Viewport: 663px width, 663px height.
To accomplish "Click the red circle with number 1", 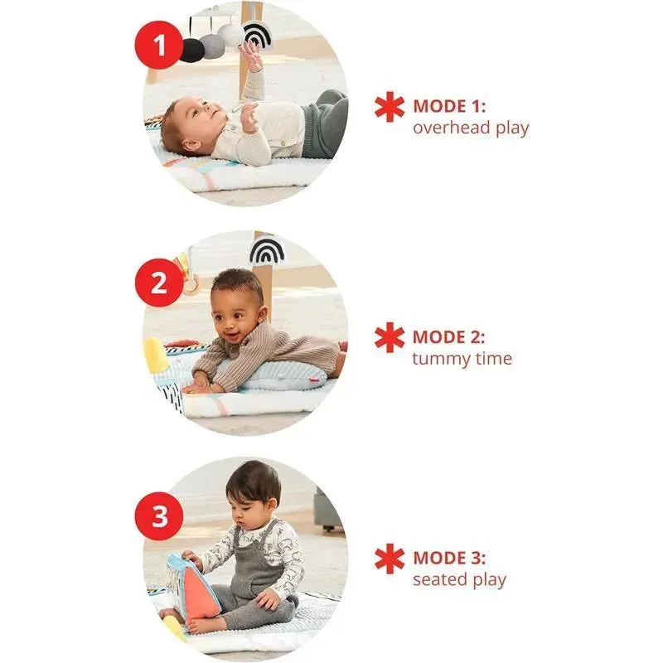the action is (159, 45).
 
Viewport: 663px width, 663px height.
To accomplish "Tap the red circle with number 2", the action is (159, 283).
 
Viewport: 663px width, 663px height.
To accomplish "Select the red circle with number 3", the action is (159, 515).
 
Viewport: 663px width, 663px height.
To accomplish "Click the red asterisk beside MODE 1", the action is (390, 107).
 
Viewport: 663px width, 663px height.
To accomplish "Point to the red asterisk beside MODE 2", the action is (390, 337).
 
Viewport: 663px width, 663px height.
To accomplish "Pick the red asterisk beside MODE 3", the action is (390, 559).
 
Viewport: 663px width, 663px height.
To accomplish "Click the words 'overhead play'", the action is (471, 128).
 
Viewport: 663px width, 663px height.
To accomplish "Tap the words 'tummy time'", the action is (462, 359).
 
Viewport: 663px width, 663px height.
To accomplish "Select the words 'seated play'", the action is (459, 579).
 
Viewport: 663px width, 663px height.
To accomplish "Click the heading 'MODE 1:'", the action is (449, 106).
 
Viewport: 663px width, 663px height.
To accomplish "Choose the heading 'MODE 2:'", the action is (448, 337).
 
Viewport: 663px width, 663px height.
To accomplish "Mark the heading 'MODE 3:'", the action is (449, 558).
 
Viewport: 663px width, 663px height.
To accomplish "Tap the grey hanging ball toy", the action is (212, 46).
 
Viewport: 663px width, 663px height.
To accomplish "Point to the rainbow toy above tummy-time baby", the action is (267, 251).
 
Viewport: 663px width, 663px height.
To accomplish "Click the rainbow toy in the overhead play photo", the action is (258, 35).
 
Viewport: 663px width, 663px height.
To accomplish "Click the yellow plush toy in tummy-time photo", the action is (155, 356).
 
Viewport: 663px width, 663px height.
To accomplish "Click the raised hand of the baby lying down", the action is (252, 54).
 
